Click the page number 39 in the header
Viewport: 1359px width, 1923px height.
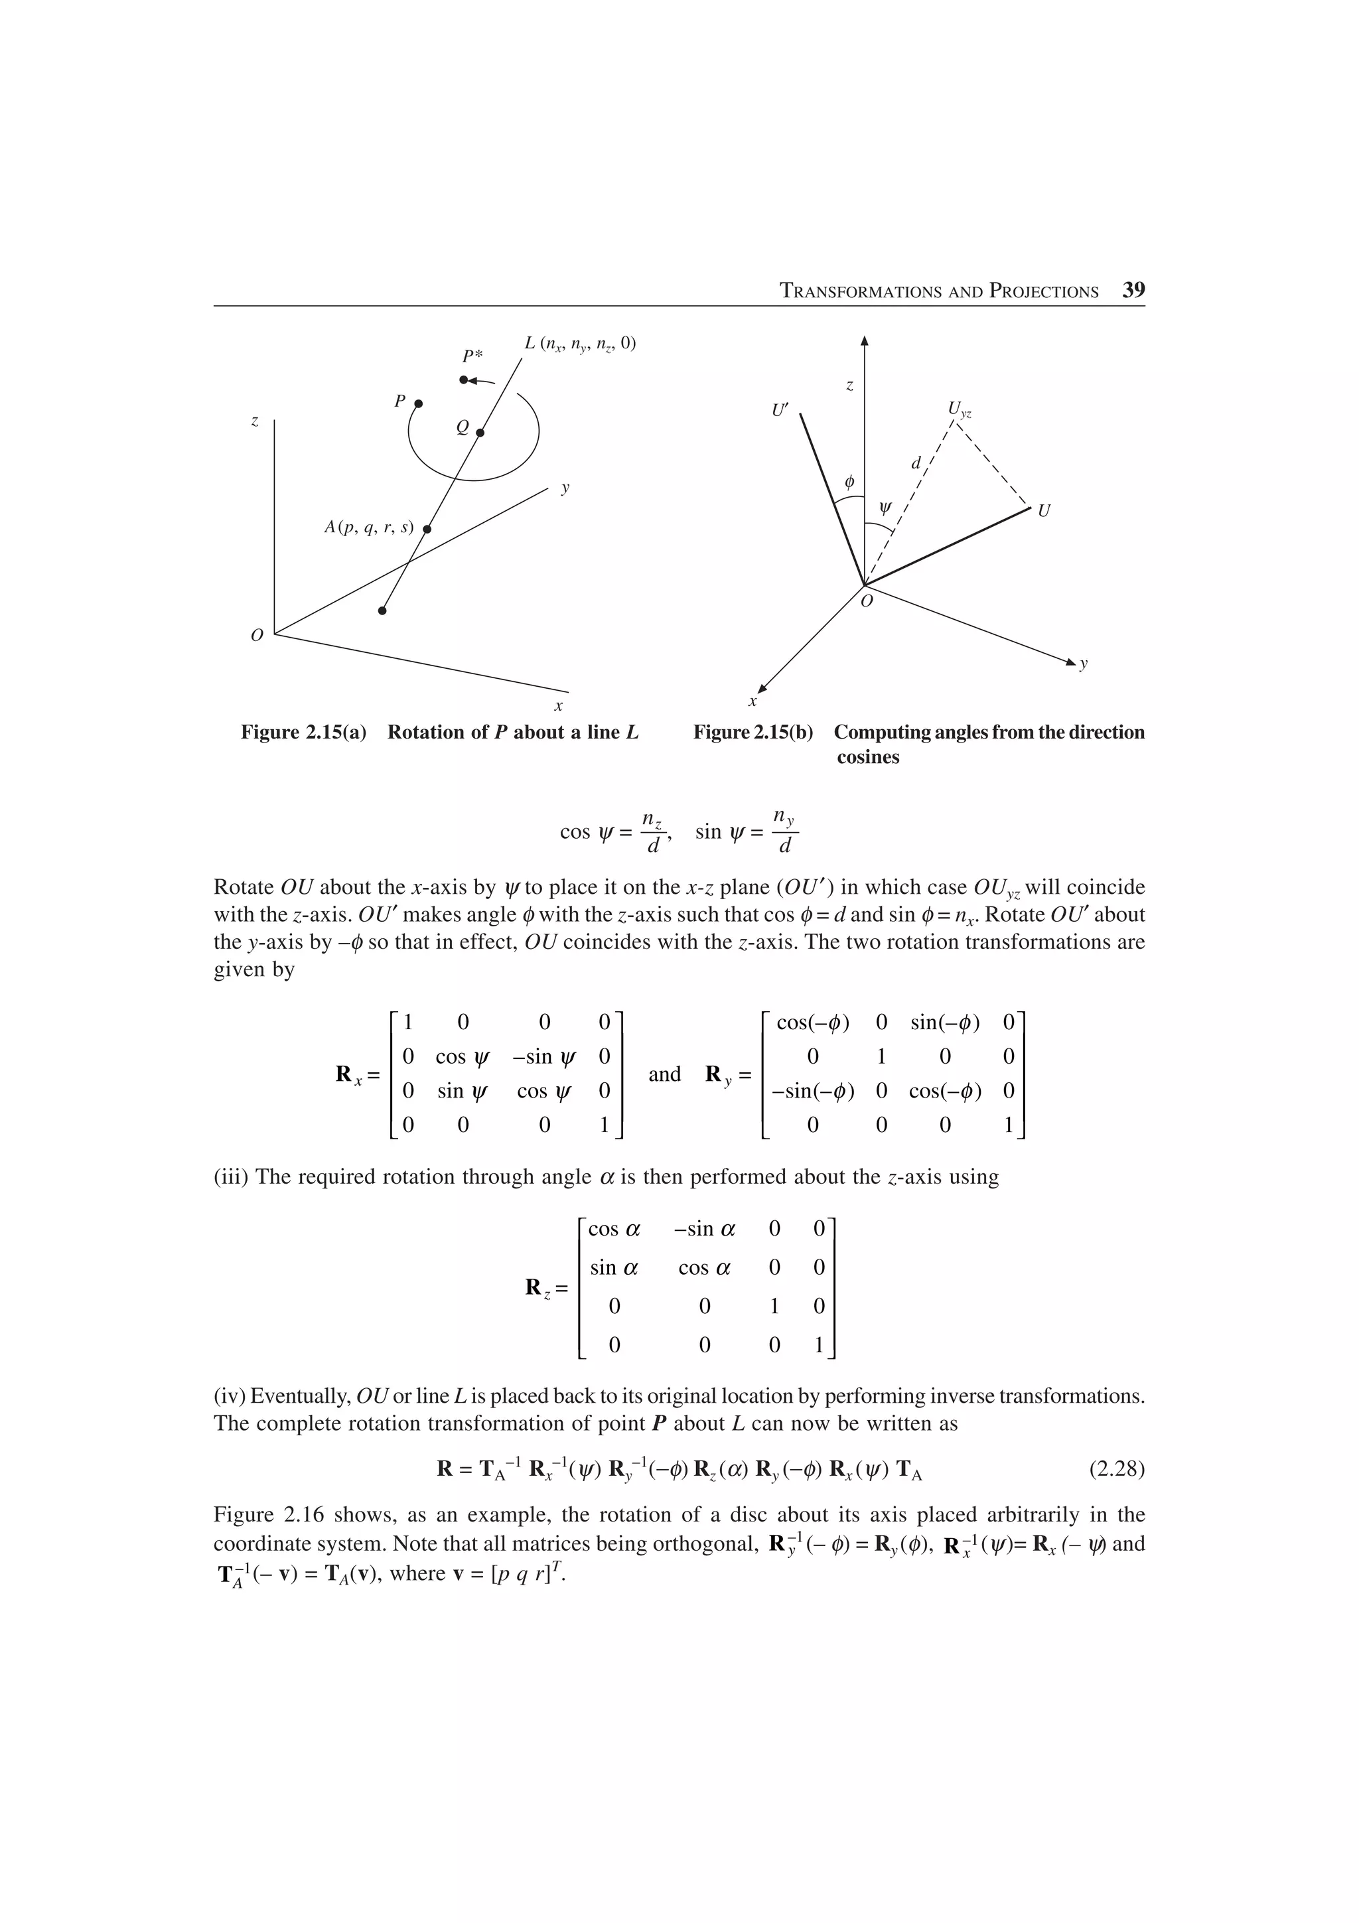coord(1133,291)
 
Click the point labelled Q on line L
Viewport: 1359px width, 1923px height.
coord(480,433)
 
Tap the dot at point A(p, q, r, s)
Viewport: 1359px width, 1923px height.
coord(426,530)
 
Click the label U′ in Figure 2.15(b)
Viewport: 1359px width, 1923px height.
coord(781,410)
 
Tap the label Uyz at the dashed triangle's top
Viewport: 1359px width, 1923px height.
coord(959,409)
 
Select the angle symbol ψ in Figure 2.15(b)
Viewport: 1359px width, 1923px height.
coord(885,508)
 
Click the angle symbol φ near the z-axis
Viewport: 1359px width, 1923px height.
coord(849,482)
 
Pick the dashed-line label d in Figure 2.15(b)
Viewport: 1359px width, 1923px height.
coord(916,463)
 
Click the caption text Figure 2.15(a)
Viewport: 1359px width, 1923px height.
coord(304,732)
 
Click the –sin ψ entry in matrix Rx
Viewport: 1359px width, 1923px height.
coord(544,1056)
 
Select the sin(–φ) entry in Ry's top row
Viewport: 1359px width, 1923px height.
coord(944,1022)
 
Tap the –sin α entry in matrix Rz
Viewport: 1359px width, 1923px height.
coord(704,1229)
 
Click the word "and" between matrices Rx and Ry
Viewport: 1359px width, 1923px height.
coord(664,1074)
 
